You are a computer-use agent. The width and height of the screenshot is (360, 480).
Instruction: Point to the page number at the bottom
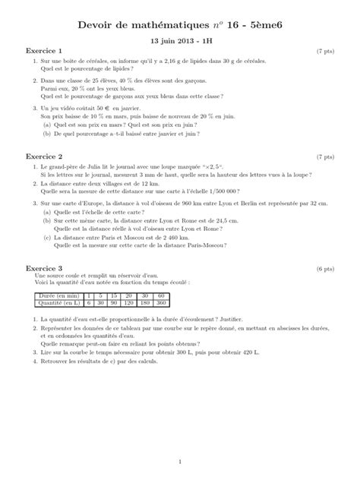(180, 461)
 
